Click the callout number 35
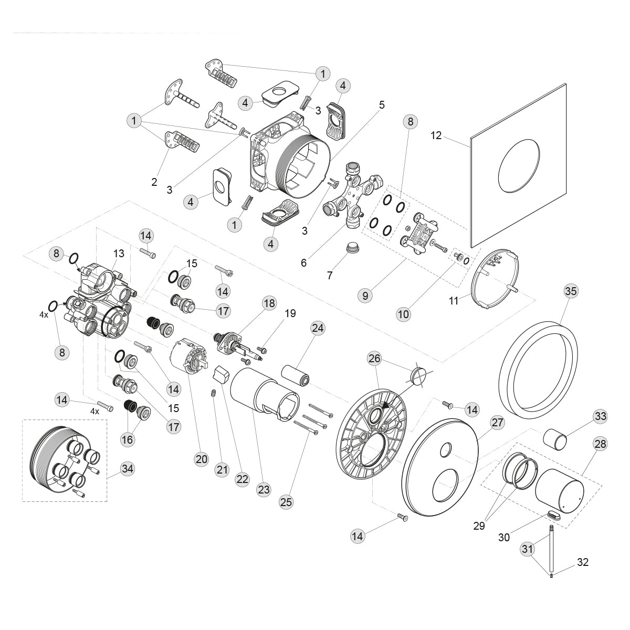point(571,290)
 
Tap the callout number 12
point(436,135)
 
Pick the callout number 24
point(318,328)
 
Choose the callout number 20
point(202,459)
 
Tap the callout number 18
point(269,303)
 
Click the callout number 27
point(497,422)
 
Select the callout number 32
point(583,562)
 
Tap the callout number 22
point(242,479)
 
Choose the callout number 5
point(381,105)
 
